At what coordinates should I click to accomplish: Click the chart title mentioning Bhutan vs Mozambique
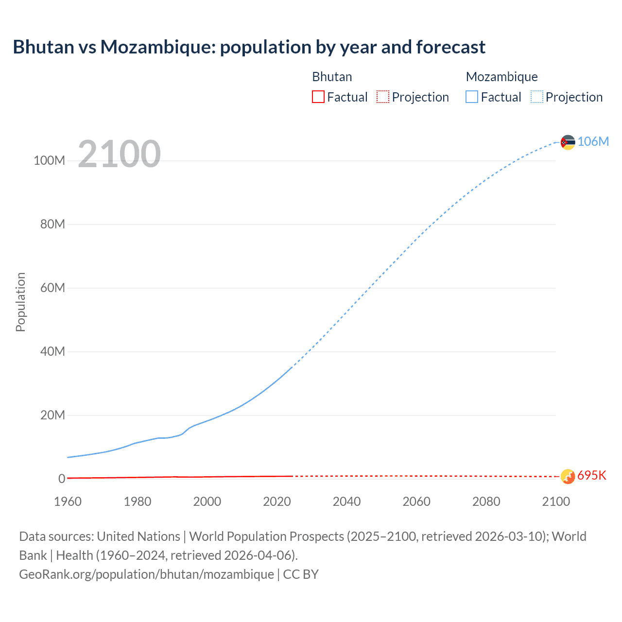click(x=249, y=47)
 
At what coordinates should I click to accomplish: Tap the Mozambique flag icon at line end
click(x=568, y=142)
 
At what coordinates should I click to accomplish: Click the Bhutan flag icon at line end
click(x=568, y=476)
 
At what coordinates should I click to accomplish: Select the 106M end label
click(x=593, y=141)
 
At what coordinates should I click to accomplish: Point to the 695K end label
click(x=592, y=475)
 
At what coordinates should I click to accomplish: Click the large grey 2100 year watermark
click(x=119, y=154)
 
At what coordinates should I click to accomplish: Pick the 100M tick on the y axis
click(x=49, y=161)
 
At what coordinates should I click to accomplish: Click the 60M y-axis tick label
click(x=52, y=288)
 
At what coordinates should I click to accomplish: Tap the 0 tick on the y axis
click(x=62, y=479)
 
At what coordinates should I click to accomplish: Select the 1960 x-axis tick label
click(x=68, y=501)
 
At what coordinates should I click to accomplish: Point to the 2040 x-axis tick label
click(x=346, y=501)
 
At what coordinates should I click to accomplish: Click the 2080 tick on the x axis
click(x=486, y=501)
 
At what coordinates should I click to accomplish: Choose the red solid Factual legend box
click(x=318, y=97)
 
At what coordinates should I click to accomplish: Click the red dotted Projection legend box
click(x=383, y=97)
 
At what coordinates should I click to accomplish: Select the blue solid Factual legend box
click(x=472, y=97)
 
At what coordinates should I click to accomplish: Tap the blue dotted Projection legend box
click(x=536, y=97)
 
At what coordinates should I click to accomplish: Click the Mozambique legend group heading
click(x=501, y=77)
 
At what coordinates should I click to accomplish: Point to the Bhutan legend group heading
click(x=332, y=77)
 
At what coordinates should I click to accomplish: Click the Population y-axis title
click(x=20, y=302)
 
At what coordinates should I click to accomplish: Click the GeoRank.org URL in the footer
click(x=146, y=574)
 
